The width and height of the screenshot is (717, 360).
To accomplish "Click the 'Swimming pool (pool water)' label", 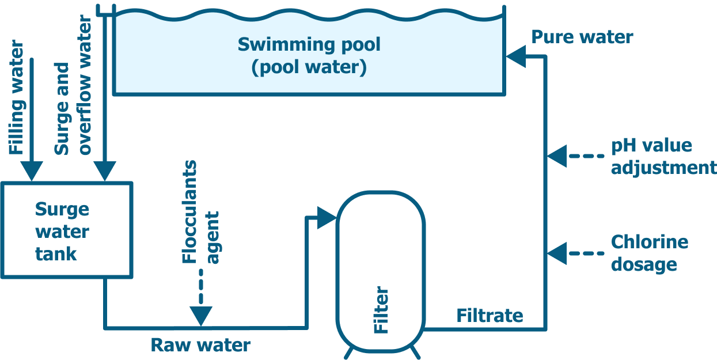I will (x=309, y=56).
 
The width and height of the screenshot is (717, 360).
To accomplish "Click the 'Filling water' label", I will (x=17, y=98).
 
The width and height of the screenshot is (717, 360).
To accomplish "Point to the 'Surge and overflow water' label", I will (x=73, y=86).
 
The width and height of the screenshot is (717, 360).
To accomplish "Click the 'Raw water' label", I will (x=200, y=345).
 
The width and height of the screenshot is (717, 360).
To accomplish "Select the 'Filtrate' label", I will (x=490, y=316).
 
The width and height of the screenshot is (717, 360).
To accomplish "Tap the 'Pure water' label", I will (x=582, y=37).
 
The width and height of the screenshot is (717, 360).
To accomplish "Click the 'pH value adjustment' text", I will (x=662, y=156).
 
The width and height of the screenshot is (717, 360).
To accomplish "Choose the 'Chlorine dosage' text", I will (x=649, y=253).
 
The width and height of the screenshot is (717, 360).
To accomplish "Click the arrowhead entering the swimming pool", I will (x=515, y=56).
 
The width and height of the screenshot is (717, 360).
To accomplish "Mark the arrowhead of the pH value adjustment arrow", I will (x=556, y=156).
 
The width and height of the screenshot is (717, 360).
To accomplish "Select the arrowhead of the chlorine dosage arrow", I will (x=556, y=253).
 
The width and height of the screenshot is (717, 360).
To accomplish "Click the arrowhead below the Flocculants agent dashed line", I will (x=201, y=316).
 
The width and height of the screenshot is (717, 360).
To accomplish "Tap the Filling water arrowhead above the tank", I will (x=31, y=171).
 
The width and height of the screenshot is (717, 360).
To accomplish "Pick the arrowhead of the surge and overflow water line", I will (x=105, y=171).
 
